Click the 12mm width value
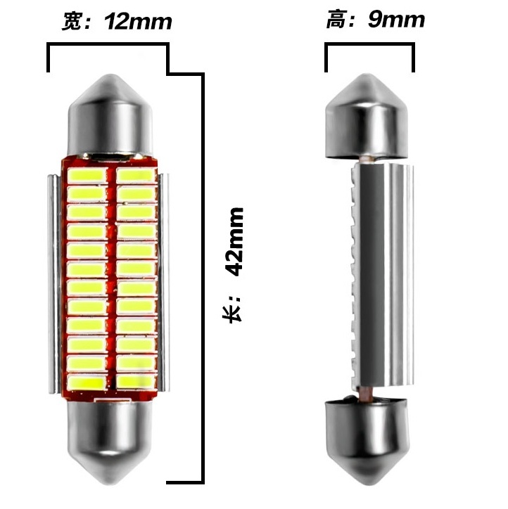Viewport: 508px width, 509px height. point(138,22)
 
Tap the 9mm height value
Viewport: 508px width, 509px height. point(396,20)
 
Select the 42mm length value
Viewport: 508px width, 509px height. point(234,242)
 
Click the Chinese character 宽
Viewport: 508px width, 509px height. point(71,22)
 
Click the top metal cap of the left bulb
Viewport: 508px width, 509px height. point(110,115)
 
